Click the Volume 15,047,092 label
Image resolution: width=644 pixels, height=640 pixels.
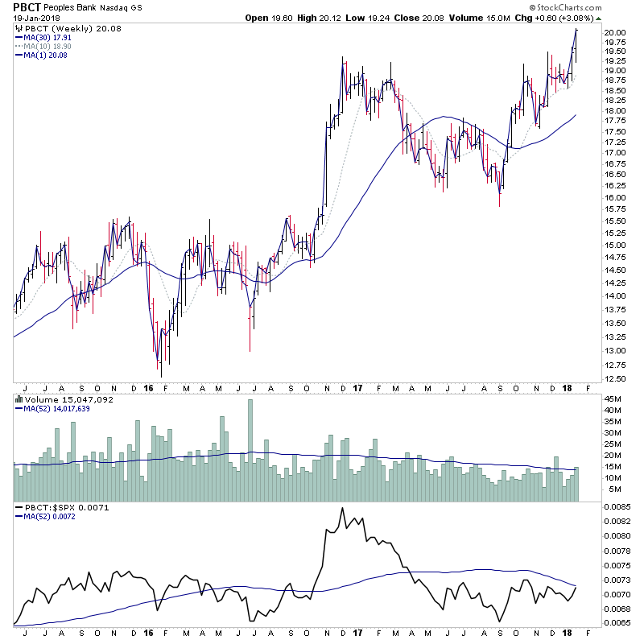[68, 399]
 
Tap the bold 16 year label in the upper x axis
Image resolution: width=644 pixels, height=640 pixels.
[148, 387]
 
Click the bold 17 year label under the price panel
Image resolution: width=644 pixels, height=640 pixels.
[356, 387]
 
